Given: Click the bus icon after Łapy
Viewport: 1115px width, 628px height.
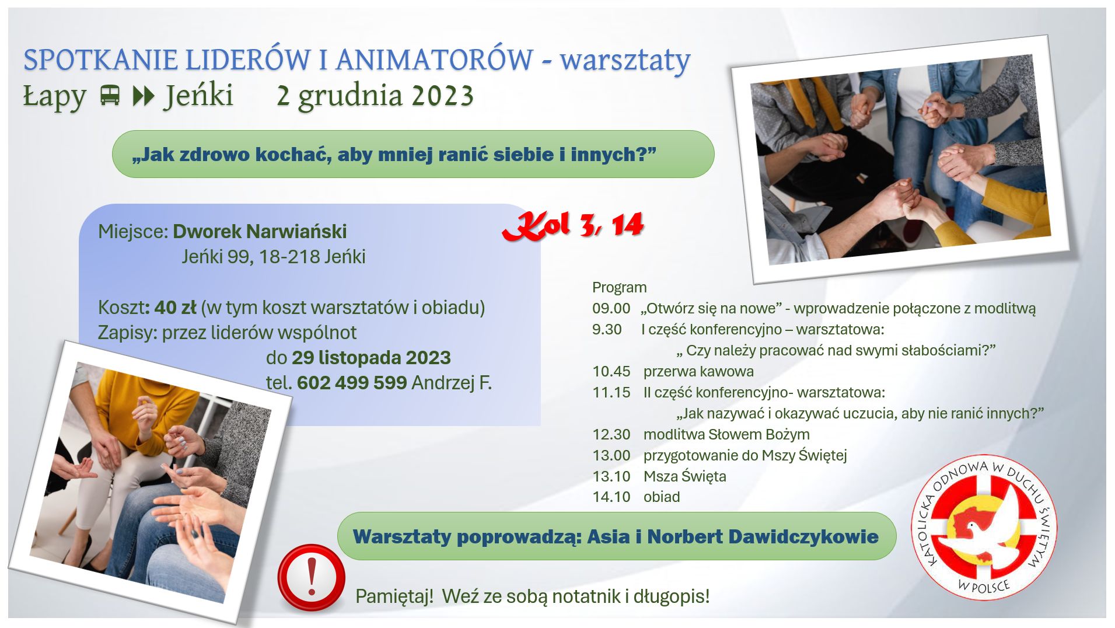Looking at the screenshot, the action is tap(110, 95).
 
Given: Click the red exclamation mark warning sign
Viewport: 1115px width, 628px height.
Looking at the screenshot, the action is tap(311, 577).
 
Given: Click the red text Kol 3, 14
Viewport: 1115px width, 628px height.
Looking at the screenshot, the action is tap(573, 225).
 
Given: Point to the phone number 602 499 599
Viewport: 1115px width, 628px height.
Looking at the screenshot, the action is tap(352, 383).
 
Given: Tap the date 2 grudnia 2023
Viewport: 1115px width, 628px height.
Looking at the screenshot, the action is tap(375, 96).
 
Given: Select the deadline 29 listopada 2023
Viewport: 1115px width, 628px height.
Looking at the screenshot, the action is tap(371, 358).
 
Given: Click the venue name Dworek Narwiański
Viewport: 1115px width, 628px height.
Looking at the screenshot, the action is tap(260, 232).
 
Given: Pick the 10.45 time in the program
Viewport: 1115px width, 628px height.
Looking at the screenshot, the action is tap(611, 371).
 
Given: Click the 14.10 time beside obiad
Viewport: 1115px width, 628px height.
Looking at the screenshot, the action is tap(611, 497).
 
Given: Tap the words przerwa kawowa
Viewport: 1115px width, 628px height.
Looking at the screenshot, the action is tap(698, 371).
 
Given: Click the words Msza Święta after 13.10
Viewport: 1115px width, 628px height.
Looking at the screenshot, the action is tap(685, 476).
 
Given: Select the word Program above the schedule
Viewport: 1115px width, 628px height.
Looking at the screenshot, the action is tap(619, 287).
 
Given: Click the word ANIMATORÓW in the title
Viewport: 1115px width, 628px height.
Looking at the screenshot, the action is tap(434, 60).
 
